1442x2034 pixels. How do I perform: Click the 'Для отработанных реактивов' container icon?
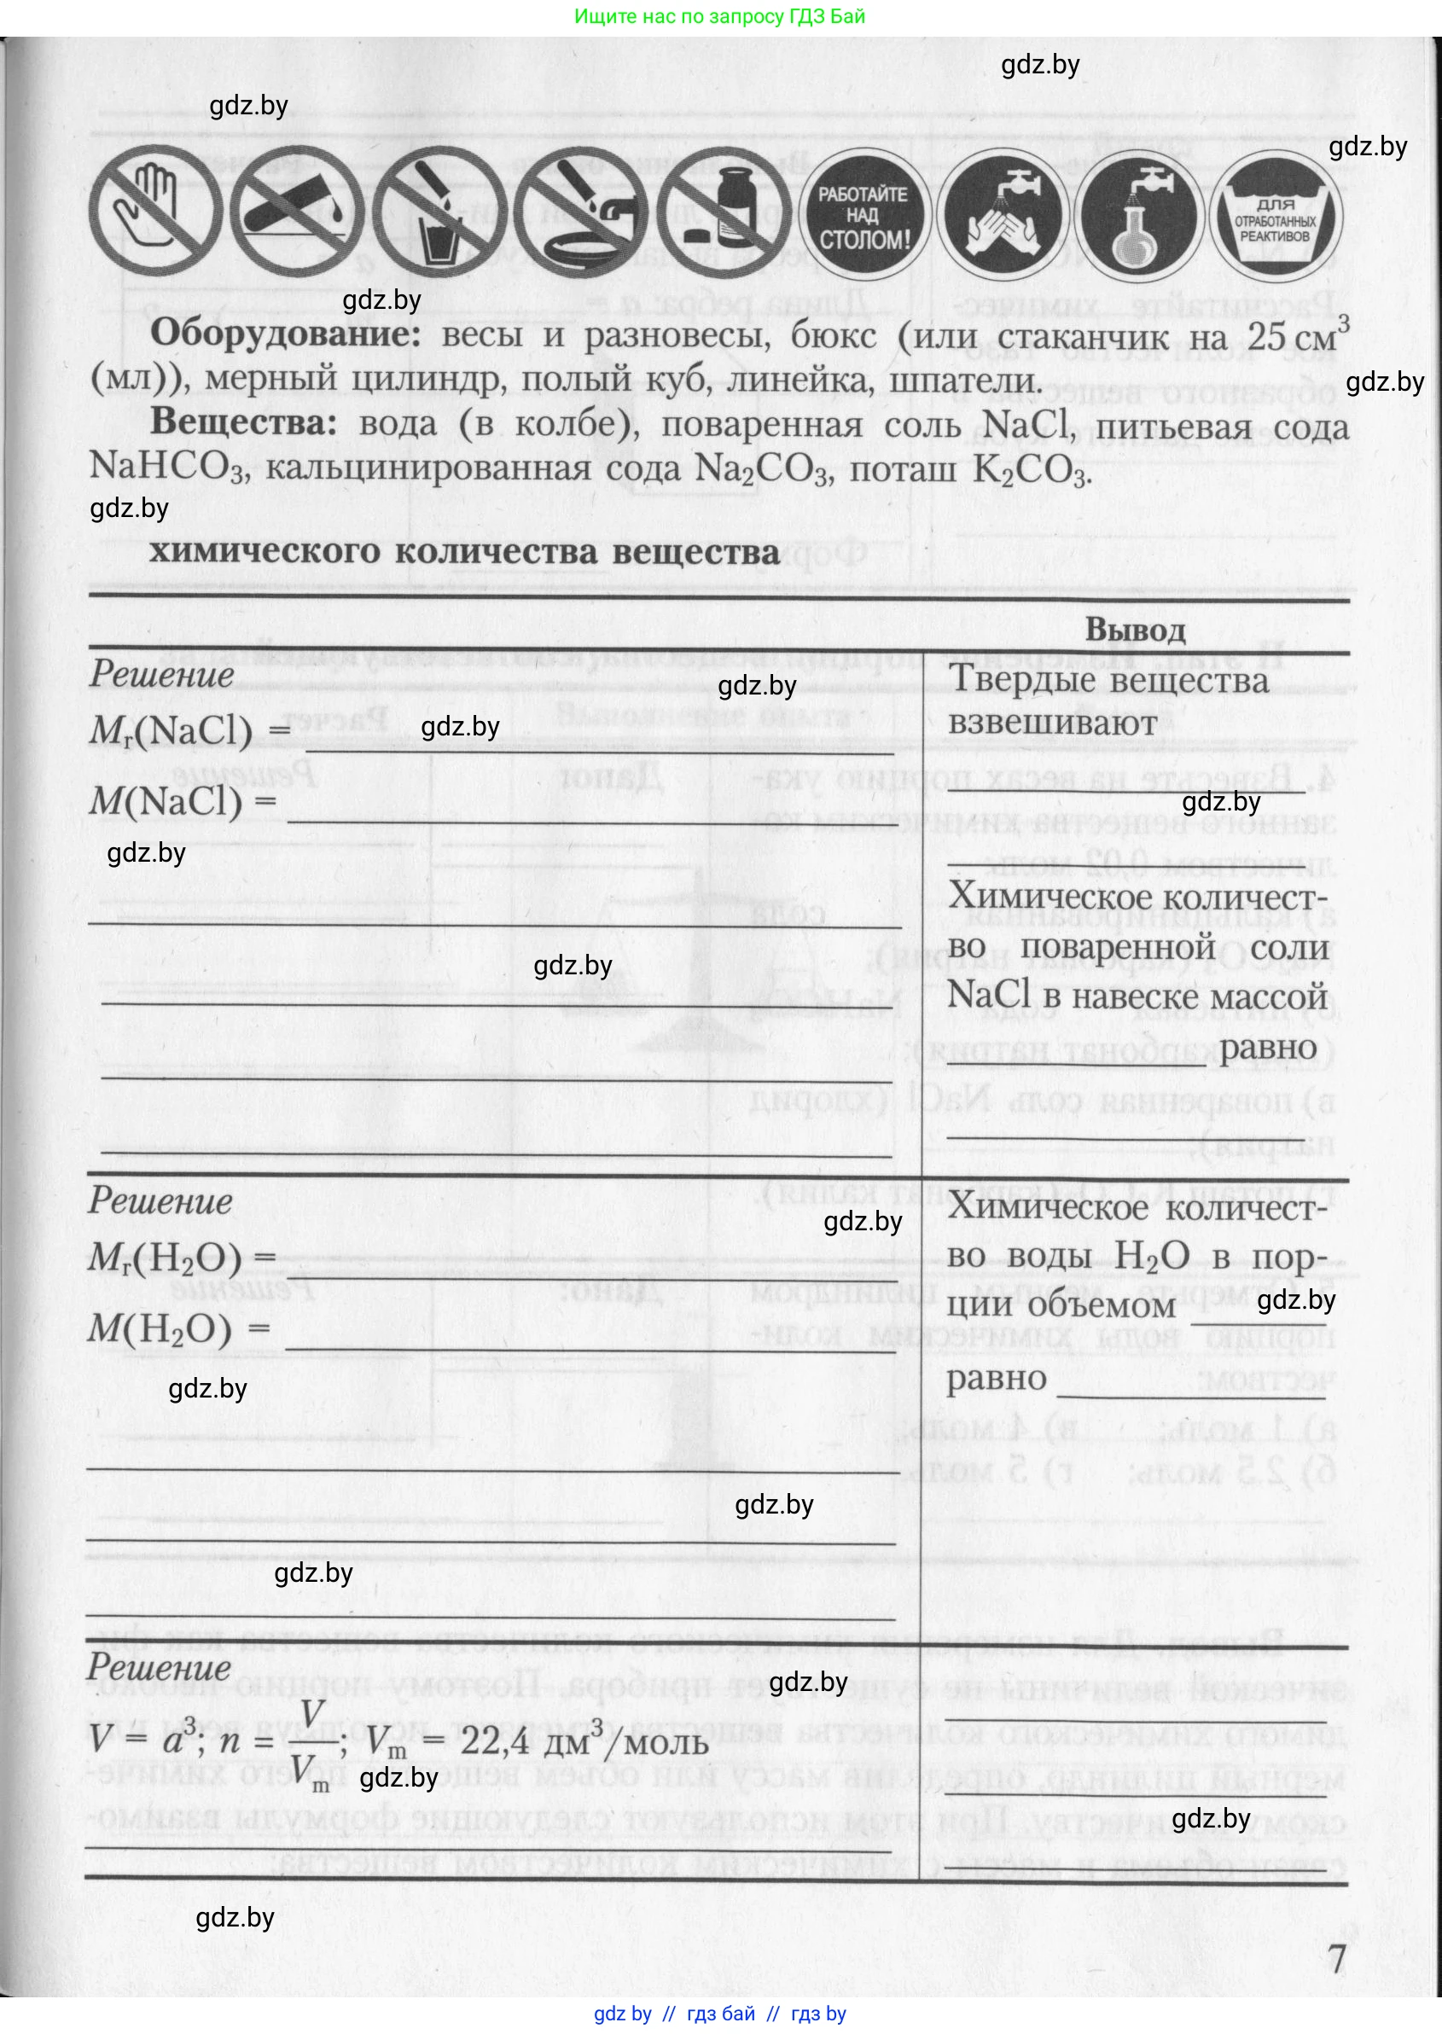click(x=1275, y=216)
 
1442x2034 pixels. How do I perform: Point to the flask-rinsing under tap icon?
click(x=1139, y=216)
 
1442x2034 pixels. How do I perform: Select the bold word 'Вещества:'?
click(x=243, y=422)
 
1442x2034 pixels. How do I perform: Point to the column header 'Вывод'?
click(x=1135, y=630)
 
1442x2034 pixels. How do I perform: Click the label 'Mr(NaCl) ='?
click(x=189, y=730)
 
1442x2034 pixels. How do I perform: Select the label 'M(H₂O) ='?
click(x=177, y=1329)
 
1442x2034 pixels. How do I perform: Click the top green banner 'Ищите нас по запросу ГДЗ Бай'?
click(x=719, y=16)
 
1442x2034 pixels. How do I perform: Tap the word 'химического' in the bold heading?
click(x=265, y=551)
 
